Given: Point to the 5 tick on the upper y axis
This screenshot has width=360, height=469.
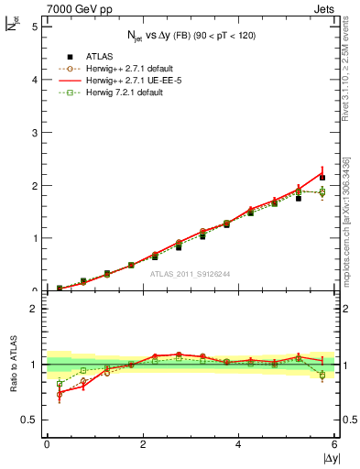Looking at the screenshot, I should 35,27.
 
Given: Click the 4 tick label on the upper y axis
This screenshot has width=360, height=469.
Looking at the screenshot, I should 35,80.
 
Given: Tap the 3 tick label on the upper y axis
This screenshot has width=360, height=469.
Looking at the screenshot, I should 35,133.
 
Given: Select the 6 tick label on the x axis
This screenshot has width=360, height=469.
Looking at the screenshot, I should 334,444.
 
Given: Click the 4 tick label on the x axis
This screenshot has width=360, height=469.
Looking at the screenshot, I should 238,444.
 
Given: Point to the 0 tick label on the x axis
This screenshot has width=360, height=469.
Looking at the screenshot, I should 47,444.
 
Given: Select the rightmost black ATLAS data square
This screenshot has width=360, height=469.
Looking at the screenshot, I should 322,177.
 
